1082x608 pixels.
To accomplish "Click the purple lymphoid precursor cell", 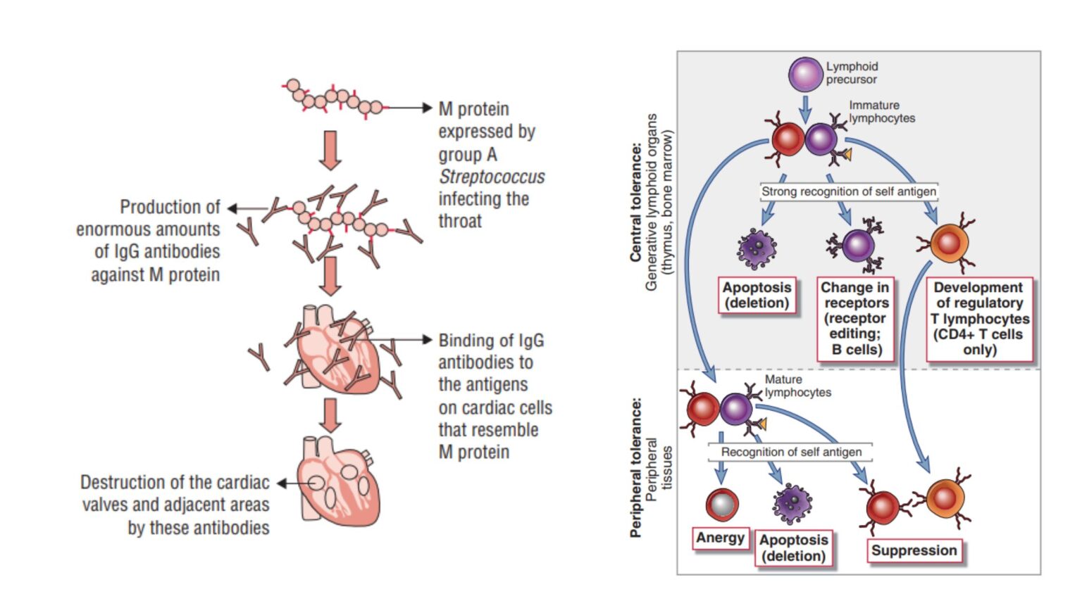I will (x=805, y=75).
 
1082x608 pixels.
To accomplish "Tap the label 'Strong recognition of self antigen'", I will (x=848, y=191).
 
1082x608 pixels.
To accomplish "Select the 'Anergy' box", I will (x=720, y=538).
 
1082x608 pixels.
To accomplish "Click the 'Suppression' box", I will (x=914, y=550).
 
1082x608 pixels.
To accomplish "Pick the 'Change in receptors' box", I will (x=855, y=318).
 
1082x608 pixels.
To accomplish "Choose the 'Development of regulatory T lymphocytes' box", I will (x=978, y=318).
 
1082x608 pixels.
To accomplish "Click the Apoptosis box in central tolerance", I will (x=757, y=296).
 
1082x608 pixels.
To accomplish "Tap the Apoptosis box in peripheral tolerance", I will (x=792, y=547).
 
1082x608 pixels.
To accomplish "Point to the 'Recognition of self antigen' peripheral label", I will (x=790, y=452).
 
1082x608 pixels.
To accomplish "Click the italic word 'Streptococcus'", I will (x=492, y=177).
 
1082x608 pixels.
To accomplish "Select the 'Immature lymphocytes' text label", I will (x=881, y=111).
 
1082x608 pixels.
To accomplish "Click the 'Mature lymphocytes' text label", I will (x=797, y=386).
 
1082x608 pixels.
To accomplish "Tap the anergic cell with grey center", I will (x=721, y=504).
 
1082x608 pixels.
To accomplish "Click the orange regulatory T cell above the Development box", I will (x=947, y=243).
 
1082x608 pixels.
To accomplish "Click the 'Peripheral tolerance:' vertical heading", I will (x=636, y=469).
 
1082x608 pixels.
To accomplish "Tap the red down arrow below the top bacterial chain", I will (x=330, y=150).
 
